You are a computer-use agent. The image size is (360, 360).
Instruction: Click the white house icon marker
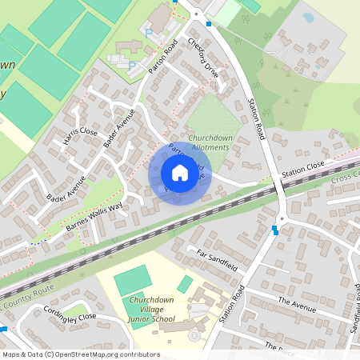[x=180, y=173]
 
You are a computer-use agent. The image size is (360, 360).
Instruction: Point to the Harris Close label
[x=80, y=142]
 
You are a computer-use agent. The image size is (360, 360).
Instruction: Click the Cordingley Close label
[x=69, y=316]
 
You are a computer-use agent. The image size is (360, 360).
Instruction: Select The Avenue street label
[x=298, y=305]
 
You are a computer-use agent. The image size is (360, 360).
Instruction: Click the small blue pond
[x=308, y=17]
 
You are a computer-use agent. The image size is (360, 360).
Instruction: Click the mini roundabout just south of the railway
[x=281, y=218]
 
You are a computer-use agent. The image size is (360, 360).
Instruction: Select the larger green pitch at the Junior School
[x=132, y=280]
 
